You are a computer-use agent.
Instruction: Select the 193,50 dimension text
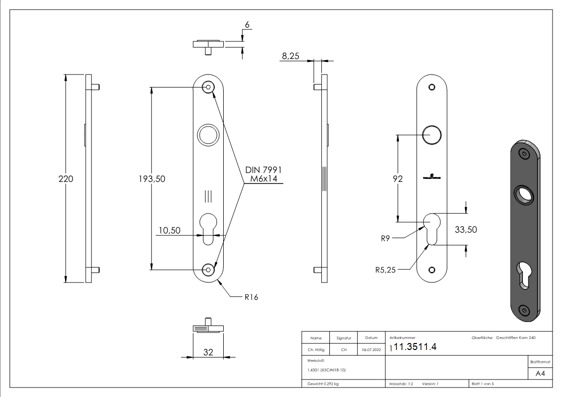pyautogui.click(x=152, y=179)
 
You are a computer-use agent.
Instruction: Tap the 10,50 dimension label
pyautogui.click(x=169, y=230)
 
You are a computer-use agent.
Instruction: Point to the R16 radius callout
pyautogui.click(x=251, y=297)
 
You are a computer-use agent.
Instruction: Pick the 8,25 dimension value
pyautogui.click(x=290, y=56)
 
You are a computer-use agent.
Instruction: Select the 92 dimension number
pyautogui.click(x=397, y=179)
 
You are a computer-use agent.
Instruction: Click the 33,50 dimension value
pyautogui.click(x=465, y=229)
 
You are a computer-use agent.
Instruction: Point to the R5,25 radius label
pyautogui.click(x=386, y=270)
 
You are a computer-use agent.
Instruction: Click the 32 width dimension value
pyautogui.click(x=209, y=352)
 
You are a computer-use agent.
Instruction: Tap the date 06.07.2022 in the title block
pyautogui.click(x=370, y=350)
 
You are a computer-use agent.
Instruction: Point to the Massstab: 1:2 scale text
pyautogui.click(x=401, y=384)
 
